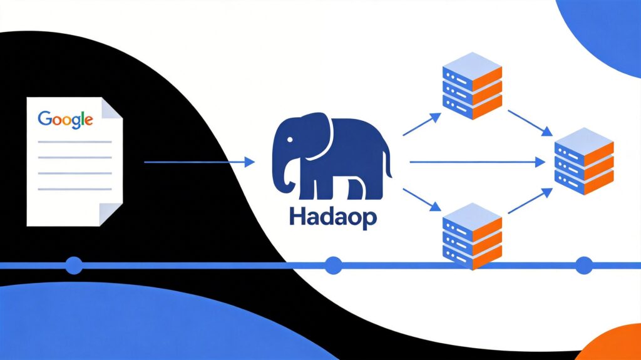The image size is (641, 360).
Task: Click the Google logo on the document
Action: click(66, 119)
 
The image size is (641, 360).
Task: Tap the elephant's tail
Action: click(389, 164)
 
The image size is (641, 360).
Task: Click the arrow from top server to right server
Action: click(530, 123)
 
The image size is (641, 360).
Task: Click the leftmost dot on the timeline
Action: click(74, 265)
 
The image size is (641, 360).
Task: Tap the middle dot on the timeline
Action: click(334, 265)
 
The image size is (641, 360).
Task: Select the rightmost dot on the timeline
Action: click(584, 265)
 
